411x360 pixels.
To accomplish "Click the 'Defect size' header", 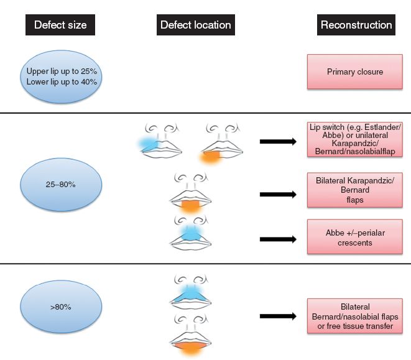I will pos(60,25).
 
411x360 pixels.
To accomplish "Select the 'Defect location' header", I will pos(195,25).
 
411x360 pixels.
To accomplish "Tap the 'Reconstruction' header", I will pos(356,25).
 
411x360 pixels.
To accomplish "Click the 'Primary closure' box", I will pos(355,72).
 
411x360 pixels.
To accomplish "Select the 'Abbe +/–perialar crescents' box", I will pos(355,237).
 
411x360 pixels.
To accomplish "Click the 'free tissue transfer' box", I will pos(355,317).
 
